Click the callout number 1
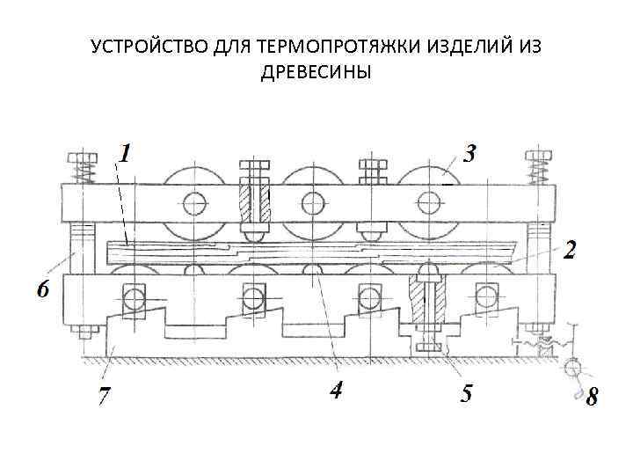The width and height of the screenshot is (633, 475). point(126,154)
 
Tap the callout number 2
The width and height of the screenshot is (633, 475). point(570,250)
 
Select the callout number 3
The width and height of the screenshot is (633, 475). point(469,154)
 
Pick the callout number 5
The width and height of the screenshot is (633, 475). point(466,392)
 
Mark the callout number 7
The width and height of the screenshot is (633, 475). point(104,397)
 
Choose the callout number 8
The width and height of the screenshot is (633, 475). point(592,398)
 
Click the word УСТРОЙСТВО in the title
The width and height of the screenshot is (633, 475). point(149,46)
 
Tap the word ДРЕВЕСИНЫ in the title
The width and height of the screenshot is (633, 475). point(316,71)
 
